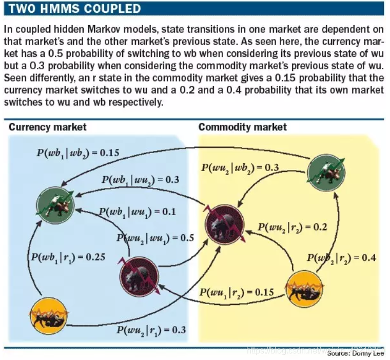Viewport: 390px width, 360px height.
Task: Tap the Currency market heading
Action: (x=48, y=127)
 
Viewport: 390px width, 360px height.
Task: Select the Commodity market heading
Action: (x=243, y=127)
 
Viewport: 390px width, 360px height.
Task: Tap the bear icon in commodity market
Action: (x=224, y=224)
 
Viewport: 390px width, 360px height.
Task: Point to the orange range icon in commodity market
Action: (x=304, y=291)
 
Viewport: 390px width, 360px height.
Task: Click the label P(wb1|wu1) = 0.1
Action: (x=137, y=212)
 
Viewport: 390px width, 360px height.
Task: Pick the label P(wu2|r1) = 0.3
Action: (x=151, y=330)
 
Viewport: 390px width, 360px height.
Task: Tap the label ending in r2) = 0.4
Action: (x=341, y=257)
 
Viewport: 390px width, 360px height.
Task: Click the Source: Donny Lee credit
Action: (x=355, y=353)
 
